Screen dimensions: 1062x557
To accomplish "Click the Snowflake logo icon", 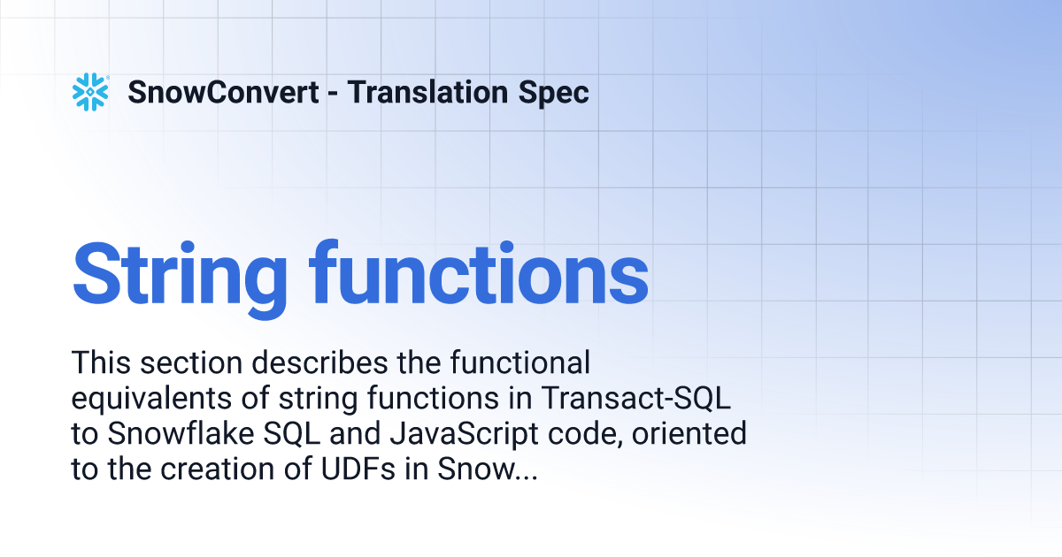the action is point(90,92).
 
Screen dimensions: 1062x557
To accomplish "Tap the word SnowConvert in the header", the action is point(223,92).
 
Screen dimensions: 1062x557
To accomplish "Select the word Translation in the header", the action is point(427,92).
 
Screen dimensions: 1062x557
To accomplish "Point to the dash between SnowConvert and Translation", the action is point(333,94).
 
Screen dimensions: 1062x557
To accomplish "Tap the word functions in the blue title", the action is point(479,273).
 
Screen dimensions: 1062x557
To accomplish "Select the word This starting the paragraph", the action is point(102,362).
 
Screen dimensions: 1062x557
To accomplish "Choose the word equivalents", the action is point(151,398).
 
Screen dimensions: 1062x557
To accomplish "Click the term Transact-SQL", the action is point(635,398).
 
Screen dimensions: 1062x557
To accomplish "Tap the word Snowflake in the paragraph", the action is point(181,433).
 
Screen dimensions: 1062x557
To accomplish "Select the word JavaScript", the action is point(464,434).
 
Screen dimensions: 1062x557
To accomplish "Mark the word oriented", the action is point(689,433).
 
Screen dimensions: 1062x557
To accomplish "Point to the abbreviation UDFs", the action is point(358,469).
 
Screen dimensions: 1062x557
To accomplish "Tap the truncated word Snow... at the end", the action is point(488,469).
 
